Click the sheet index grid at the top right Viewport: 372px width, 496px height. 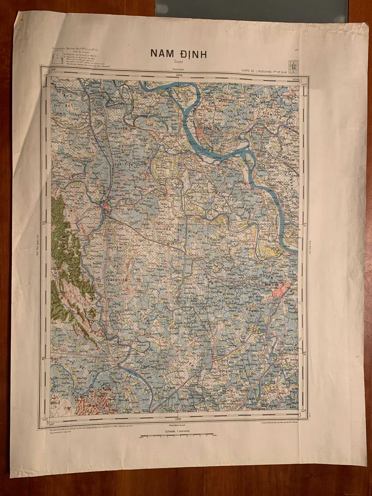[294, 67]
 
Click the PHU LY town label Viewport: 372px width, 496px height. [106, 210]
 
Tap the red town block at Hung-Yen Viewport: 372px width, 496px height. [201, 132]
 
